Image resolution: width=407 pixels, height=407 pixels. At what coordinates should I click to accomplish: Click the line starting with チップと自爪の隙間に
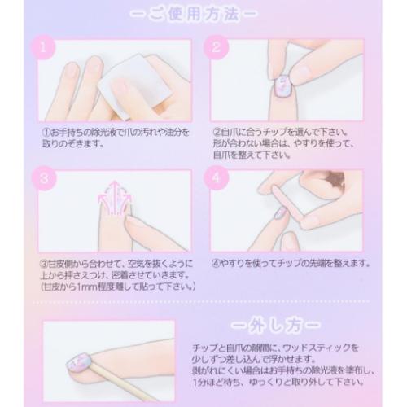pos(291,339)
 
